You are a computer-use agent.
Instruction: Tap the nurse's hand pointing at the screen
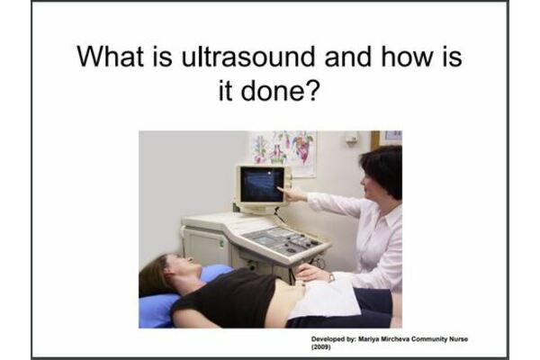pyautogui.click(x=291, y=193)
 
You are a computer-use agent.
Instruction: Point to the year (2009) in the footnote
pyautogui.click(x=320, y=346)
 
